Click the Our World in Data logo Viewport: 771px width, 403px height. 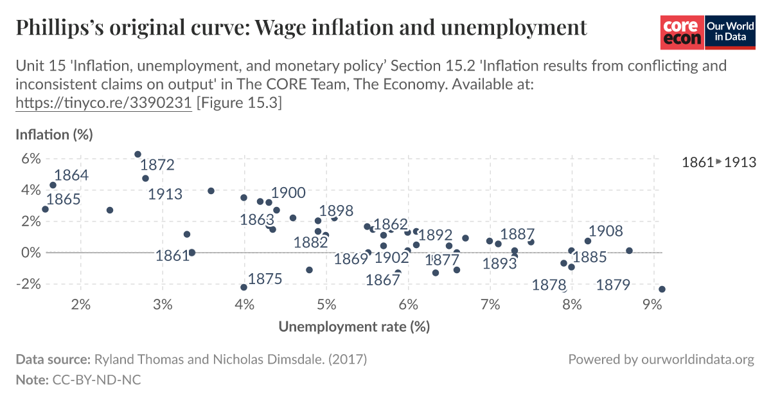pyautogui.click(x=729, y=32)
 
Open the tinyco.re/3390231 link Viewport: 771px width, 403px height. pyautogui.click(x=103, y=103)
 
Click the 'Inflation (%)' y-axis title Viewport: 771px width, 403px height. pyautogui.click(x=55, y=135)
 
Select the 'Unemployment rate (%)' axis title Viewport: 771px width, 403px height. pyautogui.click(x=353, y=327)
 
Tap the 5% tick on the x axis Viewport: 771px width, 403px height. pyautogui.click(x=326, y=303)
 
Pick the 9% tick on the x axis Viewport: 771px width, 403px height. pyautogui.click(x=653, y=303)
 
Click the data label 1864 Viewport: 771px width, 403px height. pyautogui.click(x=71, y=175)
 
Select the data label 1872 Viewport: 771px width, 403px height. pyautogui.click(x=157, y=165)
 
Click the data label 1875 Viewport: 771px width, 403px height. pyautogui.click(x=265, y=279)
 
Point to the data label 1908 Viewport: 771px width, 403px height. pyautogui.click(x=606, y=231)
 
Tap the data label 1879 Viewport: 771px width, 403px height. pyautogui.click(x=613, y=285)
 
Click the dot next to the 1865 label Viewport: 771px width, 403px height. pyautogui.click(x=45, y=210)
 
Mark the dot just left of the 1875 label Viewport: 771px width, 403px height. pyautogui.click(x=244, y=287)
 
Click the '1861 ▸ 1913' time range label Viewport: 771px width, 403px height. pyautogui.click(x=718, y=163)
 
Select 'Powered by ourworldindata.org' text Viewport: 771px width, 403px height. pyautogui.click(x=661, y=359)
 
